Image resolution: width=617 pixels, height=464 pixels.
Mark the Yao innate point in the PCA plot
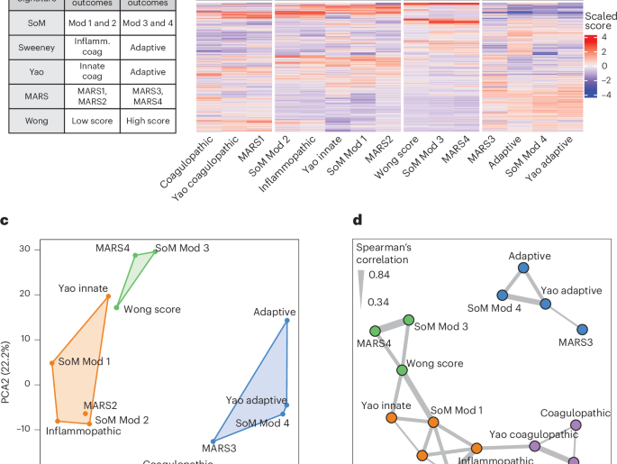tap(108, 296)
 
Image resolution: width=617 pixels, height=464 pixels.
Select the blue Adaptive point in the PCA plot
tap(287, 320)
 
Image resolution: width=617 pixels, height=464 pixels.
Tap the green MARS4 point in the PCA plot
tap(135, 255)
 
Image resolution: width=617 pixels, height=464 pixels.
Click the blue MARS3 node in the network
tap(582, 330)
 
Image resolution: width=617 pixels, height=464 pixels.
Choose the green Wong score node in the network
tap(402, 370)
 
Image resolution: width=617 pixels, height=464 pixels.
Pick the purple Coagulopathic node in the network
tap(576, 425)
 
